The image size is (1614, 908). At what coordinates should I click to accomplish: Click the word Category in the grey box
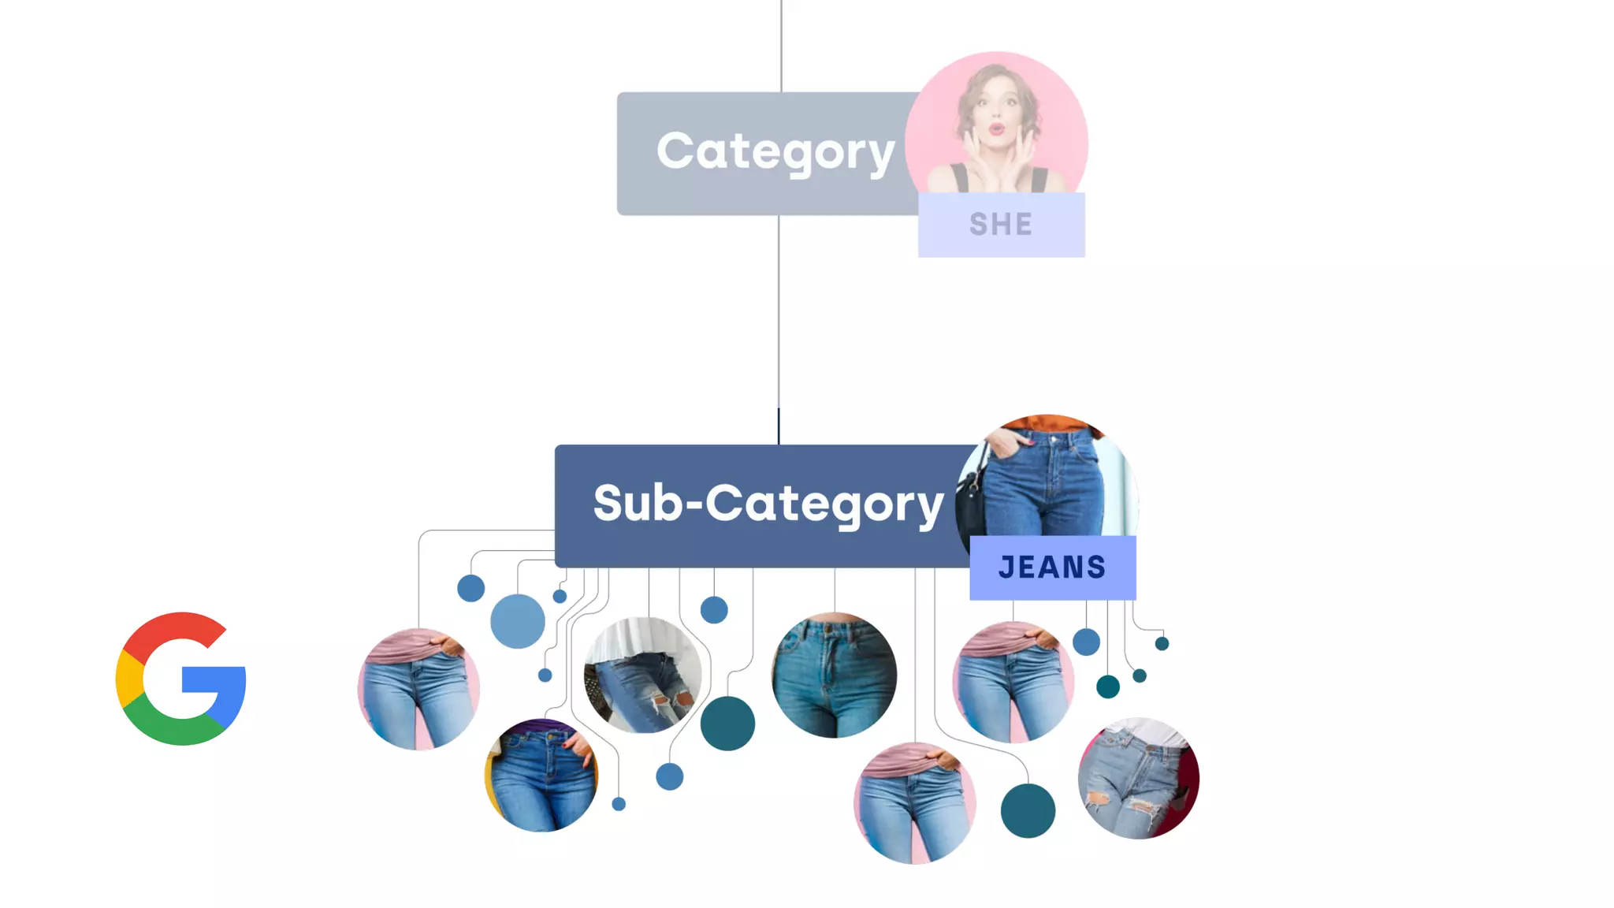coord(775,152)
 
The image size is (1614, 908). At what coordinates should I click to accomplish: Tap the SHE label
coord(1001,225)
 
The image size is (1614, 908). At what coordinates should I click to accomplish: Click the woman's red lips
coord(996,128)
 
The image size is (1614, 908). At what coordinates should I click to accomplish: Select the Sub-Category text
coord(768,504)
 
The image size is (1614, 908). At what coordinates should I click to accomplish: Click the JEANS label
coord(1052,567)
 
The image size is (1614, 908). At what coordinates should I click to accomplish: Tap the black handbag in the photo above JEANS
coord(971,504)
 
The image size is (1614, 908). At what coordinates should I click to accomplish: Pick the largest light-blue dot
coord(517,621)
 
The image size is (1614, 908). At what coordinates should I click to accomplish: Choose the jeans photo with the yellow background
coord(541,776)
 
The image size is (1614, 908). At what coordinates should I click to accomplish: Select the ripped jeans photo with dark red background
coord(1138,779)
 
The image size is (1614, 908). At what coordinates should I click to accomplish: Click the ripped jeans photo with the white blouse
coord(642,675)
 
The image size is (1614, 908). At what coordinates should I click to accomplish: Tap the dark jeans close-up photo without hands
coord(834,675)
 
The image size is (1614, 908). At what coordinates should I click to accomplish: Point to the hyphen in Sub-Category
coord(694,504)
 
